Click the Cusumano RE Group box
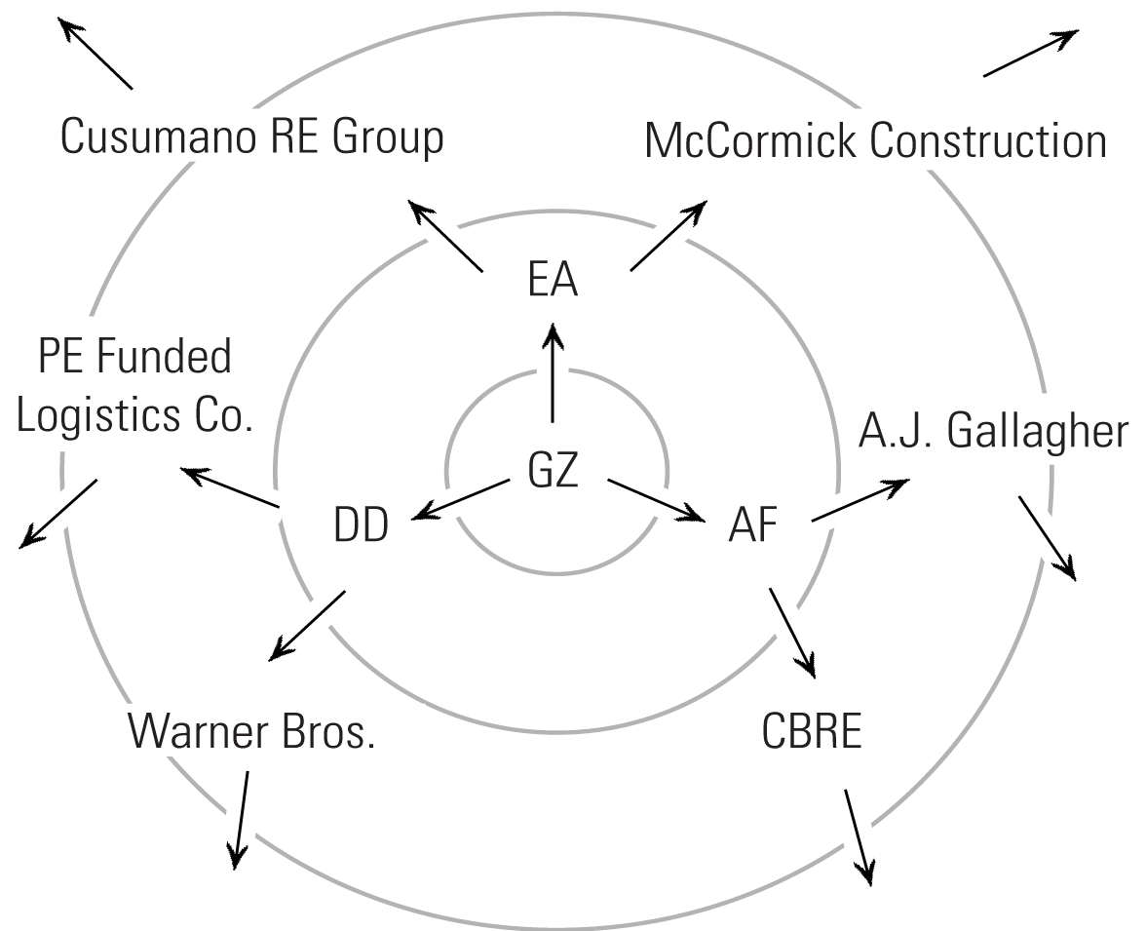tap(251, 136)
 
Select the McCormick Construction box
tap(875, 141)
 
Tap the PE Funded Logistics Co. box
tap(134, 385)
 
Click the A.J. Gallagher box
tap(993, 431)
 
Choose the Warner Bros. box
tap(251, 731)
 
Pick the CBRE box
tap(811, 731)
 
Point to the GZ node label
tap(553, 471)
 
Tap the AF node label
tap(753, 527)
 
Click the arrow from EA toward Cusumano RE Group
tap(440, 235)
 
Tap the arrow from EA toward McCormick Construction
tap(669, 235)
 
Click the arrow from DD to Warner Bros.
tap(305, 625)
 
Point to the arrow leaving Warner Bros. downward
tap(240, 820)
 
